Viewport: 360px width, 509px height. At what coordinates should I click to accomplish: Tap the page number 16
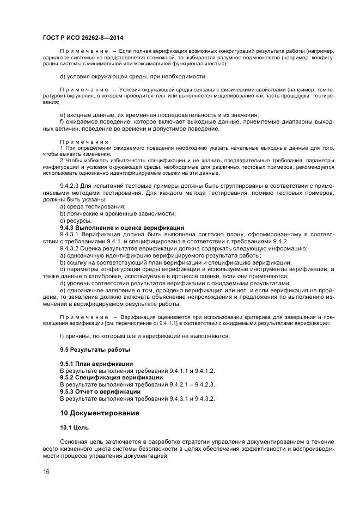tap(46, 471)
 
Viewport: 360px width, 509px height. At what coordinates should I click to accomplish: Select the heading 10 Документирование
tap(99, 413)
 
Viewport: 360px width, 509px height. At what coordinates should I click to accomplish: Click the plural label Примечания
tap(84, 142)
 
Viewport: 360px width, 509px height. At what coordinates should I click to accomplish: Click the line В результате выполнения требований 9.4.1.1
tap(137, 370)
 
